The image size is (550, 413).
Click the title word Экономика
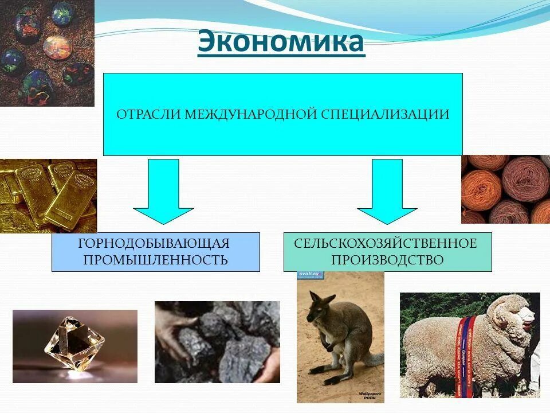tap(281, 43)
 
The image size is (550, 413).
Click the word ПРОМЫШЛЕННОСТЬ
tap(155, 260)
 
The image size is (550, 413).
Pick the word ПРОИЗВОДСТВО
tap(387, 260)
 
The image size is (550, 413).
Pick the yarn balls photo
tap(505, 189)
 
